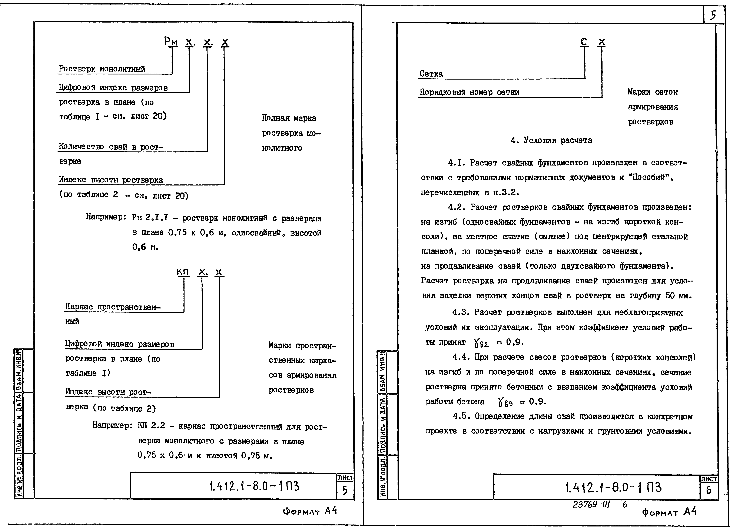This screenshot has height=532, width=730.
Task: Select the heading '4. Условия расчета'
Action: [551, 140]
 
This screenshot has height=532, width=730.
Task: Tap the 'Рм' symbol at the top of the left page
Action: [171, 41]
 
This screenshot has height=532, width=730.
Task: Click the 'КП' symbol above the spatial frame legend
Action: [183, 272]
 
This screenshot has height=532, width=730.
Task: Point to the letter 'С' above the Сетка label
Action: [584, 42]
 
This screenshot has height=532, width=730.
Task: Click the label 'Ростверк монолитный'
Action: [102, 69]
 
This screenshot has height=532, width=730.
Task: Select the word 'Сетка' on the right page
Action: [431, 74]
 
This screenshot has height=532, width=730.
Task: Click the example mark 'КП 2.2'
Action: [151, 426]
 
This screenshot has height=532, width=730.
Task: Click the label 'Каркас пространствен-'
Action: [113, 307]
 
